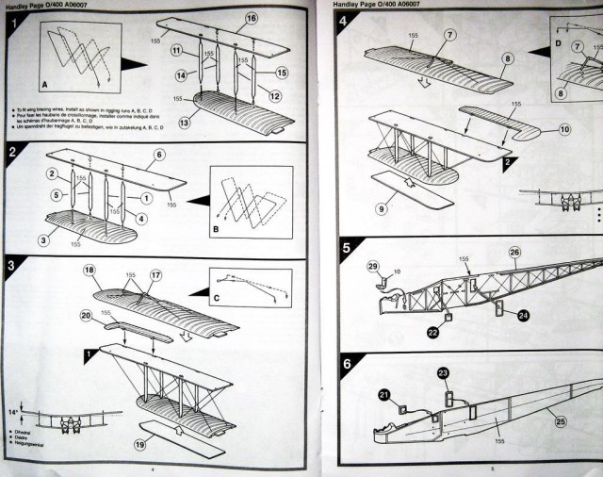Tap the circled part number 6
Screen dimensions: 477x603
point(159,154)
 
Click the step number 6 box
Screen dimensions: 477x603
point(346,364)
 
